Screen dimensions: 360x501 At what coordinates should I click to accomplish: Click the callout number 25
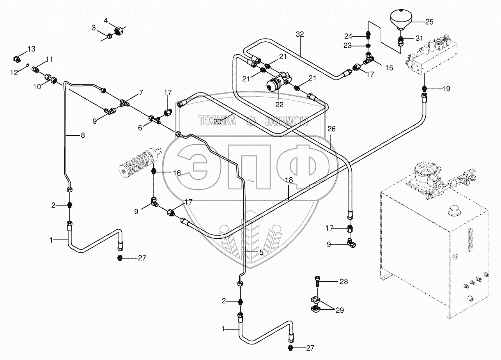point(429,22)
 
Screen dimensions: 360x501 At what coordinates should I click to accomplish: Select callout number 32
point(299,34)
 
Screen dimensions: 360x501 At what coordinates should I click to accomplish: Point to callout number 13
point(31,49)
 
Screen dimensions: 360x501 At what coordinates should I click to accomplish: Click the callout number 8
point(82,135)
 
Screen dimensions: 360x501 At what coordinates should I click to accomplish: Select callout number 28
point(343,281)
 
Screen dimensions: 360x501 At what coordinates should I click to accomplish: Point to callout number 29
point(340,310)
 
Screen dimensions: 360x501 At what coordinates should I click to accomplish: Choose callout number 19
point(446,89)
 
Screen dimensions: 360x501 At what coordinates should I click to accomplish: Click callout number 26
point(331,129)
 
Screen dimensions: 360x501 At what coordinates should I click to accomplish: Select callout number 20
point(217,122)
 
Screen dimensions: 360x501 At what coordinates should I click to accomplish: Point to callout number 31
point(419,38)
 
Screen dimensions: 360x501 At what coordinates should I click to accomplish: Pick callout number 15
point(389,67)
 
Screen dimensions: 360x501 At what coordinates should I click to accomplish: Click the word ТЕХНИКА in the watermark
point(217,121)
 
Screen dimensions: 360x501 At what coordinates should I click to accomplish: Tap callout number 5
point(261,253)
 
